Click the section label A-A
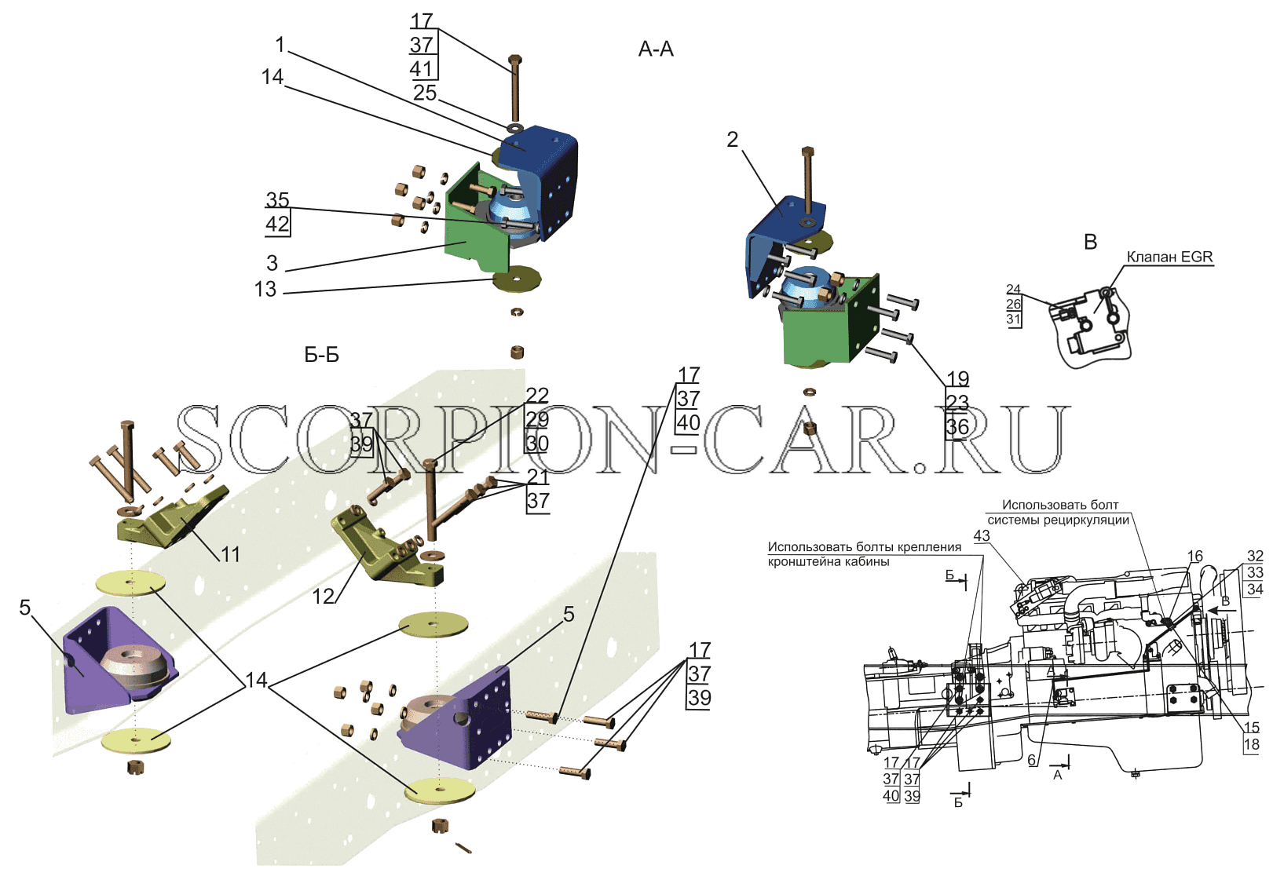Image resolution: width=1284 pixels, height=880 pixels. click(656, 49)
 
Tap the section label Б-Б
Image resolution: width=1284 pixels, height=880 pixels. click(321, 355)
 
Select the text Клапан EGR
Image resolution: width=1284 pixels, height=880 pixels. click(1170, 257)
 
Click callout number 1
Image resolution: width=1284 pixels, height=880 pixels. click(280, 44)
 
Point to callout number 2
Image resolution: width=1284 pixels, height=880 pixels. click(733, 139)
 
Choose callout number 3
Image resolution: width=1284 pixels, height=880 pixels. click(273, 263)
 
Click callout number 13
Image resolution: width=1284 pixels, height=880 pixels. click(265, 290)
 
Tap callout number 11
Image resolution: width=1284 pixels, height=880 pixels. click(230, 554)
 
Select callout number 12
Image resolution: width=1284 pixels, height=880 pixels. click(324, 597)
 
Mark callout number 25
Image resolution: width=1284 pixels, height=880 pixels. click(425, 93)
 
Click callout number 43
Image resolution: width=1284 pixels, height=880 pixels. click(982, 535)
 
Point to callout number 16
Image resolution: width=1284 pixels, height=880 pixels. click(1195, 557)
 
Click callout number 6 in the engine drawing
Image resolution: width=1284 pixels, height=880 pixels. click(1032, 760)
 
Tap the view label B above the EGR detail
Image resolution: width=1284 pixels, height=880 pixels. click(1091, 242)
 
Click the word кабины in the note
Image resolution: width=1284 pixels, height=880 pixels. click(866, 561)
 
